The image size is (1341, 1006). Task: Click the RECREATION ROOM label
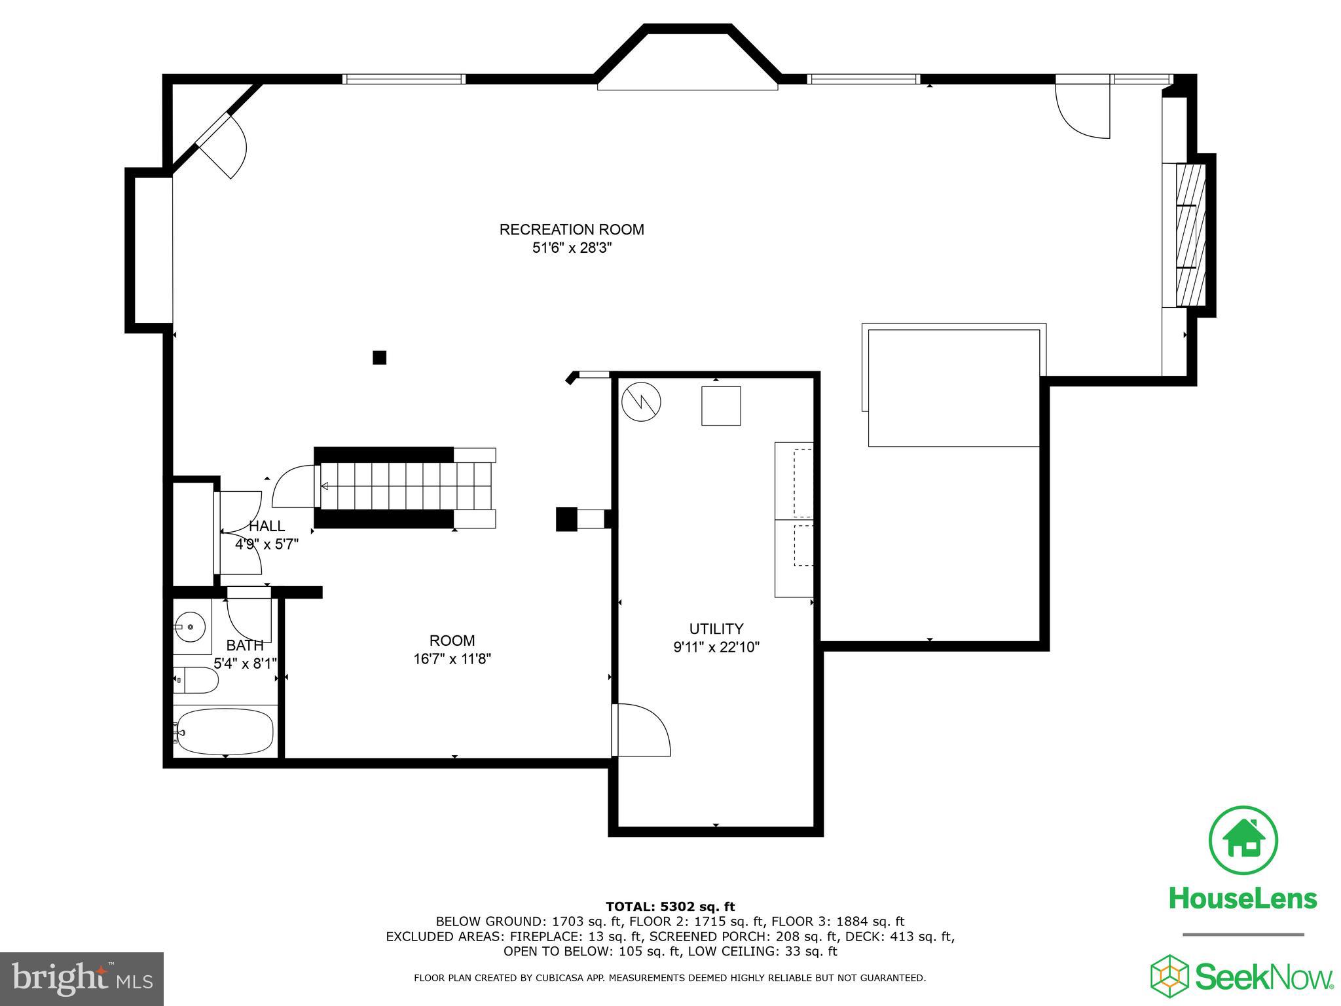tap(572, 229)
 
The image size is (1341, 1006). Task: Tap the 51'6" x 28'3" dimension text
tap(572, 248)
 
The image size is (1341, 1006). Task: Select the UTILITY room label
tap(716, 629)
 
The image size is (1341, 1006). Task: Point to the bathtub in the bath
tap(225, 732)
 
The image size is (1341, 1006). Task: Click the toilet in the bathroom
tap(196, 680)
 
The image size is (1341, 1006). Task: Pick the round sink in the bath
tap(191, 627)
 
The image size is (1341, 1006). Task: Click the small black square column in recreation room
tap(379, 358)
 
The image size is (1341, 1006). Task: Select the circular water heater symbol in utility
tap(641, 401)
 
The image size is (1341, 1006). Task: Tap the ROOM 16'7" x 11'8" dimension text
tap(452, 659)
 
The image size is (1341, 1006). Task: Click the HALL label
tap(266, 526)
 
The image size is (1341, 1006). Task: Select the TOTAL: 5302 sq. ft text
tap(670, 906)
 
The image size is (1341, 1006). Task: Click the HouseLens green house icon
tap(1243, 840)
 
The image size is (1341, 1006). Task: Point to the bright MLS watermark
tap(81, 979)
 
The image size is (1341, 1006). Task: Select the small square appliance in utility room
tap(721, 406)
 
